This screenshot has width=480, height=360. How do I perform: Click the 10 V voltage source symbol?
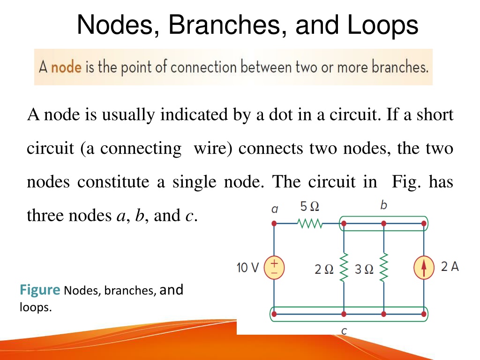tap(274, 268)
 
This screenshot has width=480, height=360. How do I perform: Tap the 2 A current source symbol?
tap(424, 268)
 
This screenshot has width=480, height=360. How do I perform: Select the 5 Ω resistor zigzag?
tap(310, 224)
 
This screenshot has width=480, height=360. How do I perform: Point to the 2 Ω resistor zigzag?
tap(344, 268)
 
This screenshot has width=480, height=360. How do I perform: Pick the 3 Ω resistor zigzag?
tap(384, 268)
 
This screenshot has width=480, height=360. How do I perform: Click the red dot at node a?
tap(274, 224)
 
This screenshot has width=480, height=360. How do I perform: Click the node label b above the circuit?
tap(383, 205)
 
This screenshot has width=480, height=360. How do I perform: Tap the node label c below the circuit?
tap(344, 331)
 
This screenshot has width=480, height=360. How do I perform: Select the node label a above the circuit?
tap(275, 209)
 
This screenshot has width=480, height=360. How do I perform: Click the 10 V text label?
tap(247, 268)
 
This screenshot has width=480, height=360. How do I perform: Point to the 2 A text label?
tap(450, 266)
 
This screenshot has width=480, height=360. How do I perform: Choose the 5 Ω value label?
tap(310, 206)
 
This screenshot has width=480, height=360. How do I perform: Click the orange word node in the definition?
tap(66, 67)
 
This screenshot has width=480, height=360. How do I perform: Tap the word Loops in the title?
tap(382, 25)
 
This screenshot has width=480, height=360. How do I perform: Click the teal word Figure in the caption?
tap(40, 290)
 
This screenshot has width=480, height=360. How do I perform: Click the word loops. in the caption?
tap(36, 307)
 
